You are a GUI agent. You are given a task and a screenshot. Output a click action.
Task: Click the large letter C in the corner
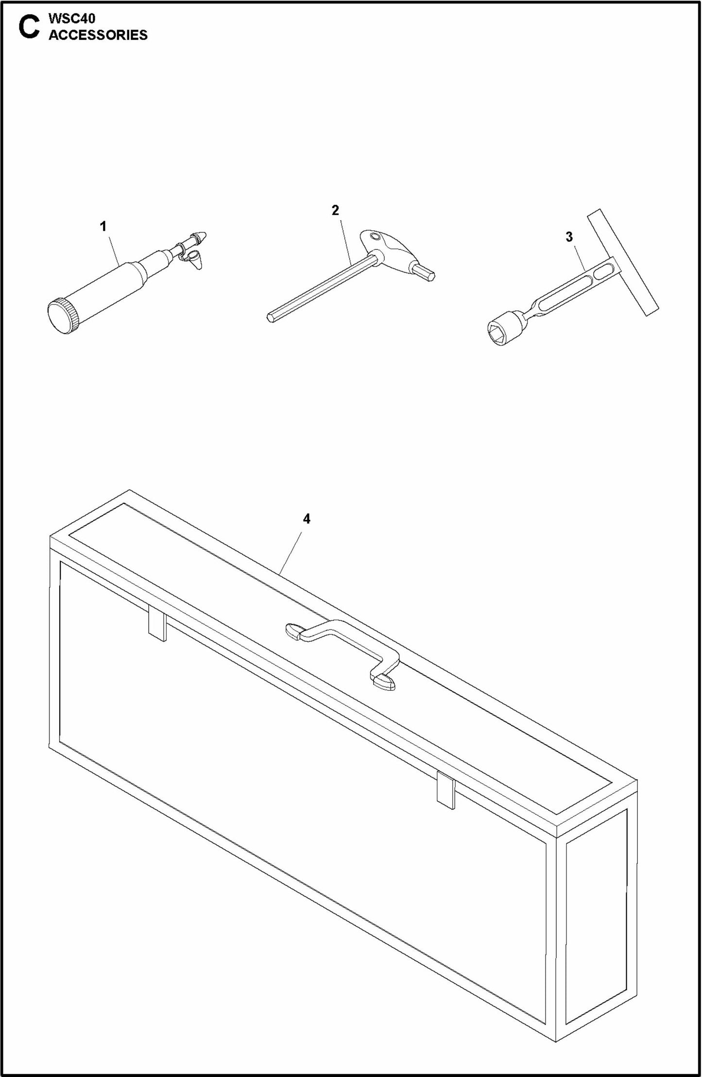29,27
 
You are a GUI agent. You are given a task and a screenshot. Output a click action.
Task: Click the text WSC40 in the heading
72,18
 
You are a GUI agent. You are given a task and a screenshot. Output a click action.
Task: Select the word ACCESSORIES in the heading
98,35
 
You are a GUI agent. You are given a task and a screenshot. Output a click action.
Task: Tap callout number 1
103,226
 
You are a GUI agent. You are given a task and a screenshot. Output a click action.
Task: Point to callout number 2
335,210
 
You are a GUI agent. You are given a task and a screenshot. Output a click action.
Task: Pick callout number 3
569,237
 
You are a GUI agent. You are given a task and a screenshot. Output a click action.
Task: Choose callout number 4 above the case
307,519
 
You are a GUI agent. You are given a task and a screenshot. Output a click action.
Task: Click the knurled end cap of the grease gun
63,316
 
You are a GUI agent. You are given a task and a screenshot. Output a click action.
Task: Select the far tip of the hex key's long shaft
270,318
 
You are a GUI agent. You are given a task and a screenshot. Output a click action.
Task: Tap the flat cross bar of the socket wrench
623,263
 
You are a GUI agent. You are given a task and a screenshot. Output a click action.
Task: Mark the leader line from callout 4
291,554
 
